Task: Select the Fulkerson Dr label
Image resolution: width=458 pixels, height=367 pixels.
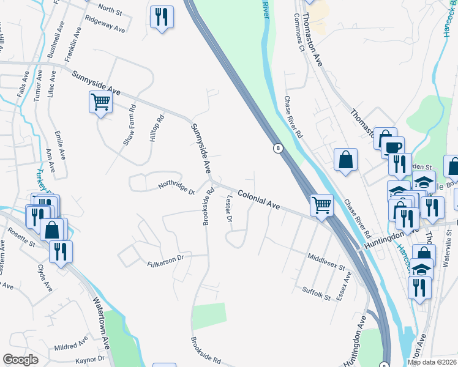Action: click(165, 261)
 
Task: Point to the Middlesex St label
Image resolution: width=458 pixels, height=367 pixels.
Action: click(326, 264)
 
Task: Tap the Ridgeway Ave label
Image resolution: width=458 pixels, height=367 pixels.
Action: click(105, 24)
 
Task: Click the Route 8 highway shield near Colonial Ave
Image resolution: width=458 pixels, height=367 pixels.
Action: click(279, 148)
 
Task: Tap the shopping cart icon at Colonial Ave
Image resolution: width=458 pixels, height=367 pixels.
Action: click(321, 204)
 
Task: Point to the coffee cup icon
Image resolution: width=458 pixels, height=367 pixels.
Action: click(392, 147)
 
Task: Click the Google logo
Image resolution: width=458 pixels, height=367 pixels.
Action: click(21, 359)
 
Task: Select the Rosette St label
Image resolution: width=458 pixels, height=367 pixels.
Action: click(21, 238)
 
